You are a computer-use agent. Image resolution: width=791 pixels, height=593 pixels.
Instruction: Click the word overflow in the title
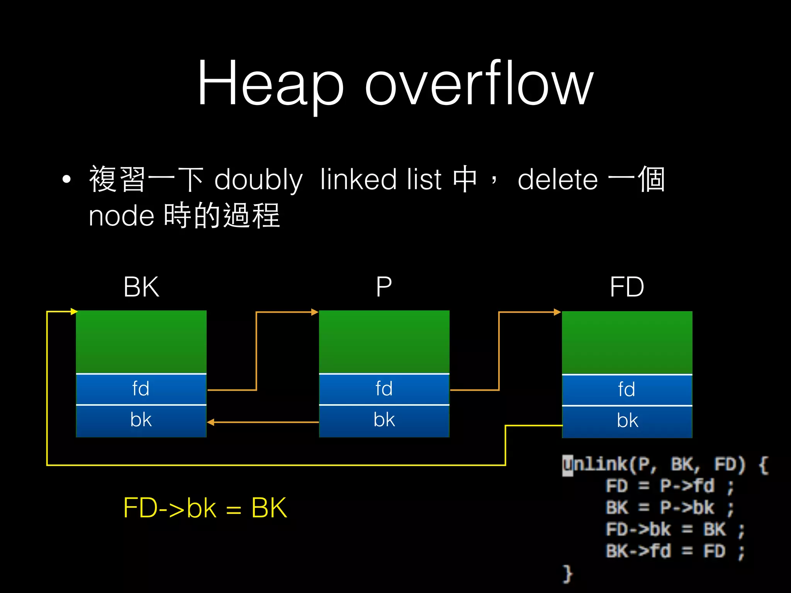pos(479,83)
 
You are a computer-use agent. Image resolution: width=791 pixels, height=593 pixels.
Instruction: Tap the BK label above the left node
pos(141,287)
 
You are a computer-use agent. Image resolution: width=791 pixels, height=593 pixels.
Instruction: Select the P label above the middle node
pos(384,287)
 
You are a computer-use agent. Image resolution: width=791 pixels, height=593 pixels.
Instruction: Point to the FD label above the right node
pos(627,287)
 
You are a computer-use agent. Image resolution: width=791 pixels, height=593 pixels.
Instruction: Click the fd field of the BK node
pos(141,389)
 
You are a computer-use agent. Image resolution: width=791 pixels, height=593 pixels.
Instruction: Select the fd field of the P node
pos(384,389)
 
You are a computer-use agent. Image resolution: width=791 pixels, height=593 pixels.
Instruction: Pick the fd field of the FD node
pos(627,390)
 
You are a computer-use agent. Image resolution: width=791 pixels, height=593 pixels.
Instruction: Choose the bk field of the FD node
pos(627,421)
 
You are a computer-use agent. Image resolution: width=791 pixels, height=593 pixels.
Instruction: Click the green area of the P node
pos(384,342)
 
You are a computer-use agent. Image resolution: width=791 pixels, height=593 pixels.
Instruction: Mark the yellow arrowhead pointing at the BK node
pos(74,311)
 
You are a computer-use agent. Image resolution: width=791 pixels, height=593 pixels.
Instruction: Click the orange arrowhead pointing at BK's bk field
pos(211,422)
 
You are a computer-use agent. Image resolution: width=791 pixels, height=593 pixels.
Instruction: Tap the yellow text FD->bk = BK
pos(205,508)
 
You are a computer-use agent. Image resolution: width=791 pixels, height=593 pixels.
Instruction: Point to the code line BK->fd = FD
pos(674,551)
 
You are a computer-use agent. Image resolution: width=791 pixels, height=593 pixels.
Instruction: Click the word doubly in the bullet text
pos(258,180)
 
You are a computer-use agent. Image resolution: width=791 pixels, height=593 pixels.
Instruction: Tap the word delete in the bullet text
pos(558,180)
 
